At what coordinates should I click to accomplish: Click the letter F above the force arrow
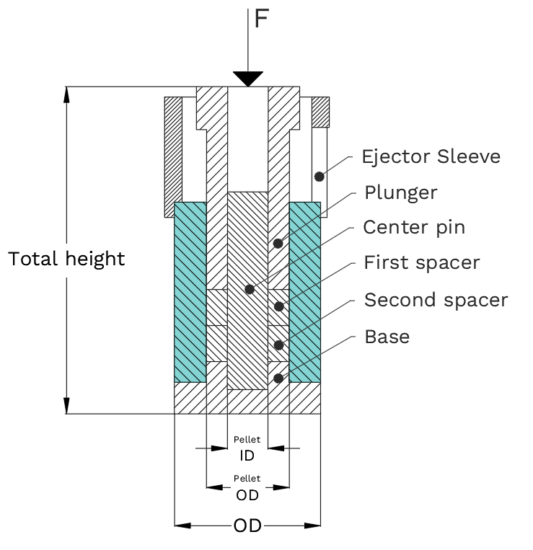click(261, 19)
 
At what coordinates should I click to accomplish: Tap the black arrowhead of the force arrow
click(248, 79)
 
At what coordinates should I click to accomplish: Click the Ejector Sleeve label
click(431, 156)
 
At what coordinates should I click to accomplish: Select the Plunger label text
click(401, 193)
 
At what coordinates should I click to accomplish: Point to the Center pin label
click(414, 227)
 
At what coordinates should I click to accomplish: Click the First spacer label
click(422, 262)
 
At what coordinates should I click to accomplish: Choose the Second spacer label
click(436, 301)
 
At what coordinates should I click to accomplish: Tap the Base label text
click(387, 337)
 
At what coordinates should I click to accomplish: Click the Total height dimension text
click(66, 260)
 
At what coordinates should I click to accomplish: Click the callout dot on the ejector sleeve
click(319, 177)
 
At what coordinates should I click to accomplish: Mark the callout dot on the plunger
click(278, 244)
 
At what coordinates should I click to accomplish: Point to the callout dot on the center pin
click(250, 289)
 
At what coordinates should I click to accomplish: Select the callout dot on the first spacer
click(278, 306)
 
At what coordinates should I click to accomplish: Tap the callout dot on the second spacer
click(278, 345)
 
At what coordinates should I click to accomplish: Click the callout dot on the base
click(278, 378)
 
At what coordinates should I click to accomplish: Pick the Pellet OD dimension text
click(247, 489)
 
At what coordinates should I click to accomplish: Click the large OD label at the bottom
click(247, 525)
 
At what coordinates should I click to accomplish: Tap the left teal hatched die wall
click(190, 292)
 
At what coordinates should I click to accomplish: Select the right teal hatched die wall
click(305, 292)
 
